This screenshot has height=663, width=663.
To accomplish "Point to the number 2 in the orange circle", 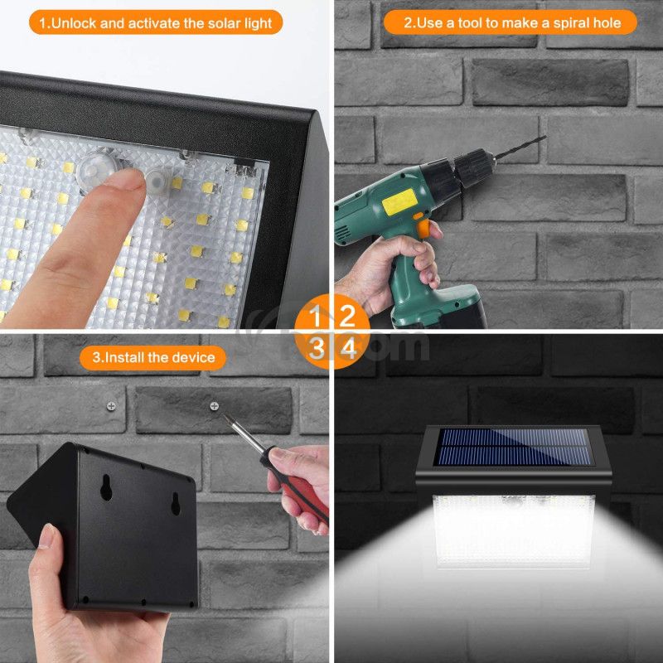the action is point(346,317).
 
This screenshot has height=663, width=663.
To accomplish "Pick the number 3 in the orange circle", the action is point(317,348).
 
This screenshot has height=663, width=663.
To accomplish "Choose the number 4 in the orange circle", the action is point(347,348).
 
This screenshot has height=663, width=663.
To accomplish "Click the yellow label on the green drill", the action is point(399,201).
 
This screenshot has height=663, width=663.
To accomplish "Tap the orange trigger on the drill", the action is point(423,227).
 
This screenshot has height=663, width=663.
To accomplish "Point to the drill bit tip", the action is point(545,137).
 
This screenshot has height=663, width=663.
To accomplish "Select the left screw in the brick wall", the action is point(111,406).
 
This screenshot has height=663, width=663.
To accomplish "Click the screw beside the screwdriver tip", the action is point(215,406).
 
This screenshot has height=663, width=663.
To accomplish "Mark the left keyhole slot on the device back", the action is point(106,487).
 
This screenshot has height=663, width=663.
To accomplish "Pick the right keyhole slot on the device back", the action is point(176,504).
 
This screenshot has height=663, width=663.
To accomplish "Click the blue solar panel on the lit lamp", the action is point(513,447).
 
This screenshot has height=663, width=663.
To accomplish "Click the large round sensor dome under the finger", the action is point(95,169).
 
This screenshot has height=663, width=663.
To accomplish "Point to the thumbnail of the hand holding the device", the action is point(46,536).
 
